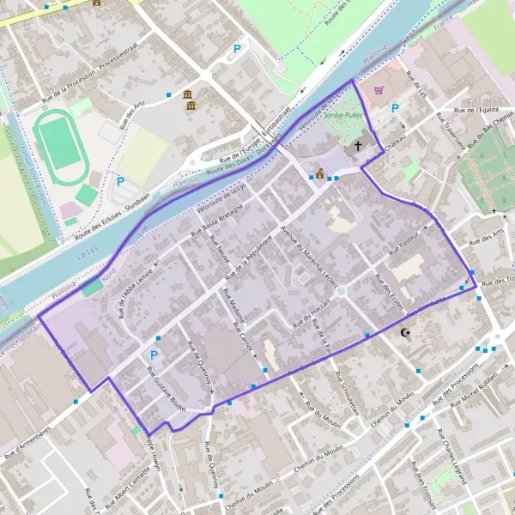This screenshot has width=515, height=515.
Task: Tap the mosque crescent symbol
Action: coord(406,332)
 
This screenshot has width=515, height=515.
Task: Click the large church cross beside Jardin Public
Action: coord(358,148)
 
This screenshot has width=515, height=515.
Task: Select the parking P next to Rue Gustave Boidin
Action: coord(154,354)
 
